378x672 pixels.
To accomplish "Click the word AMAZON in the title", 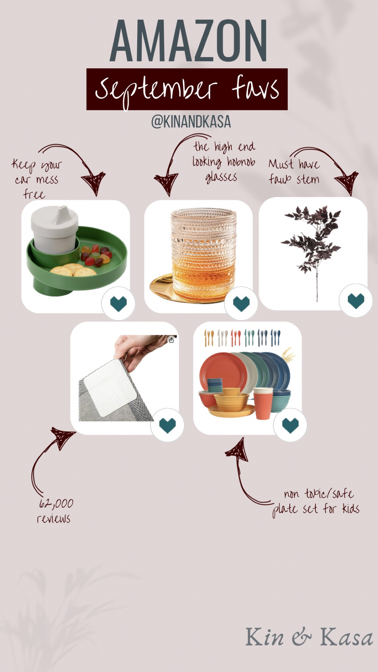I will point(189,41).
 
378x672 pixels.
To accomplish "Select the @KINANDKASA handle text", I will point(191,122).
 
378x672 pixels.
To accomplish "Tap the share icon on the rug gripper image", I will point(171,340).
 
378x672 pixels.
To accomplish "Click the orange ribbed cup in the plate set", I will point(262,404).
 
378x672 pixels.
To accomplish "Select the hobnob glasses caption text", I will point(223,162).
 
